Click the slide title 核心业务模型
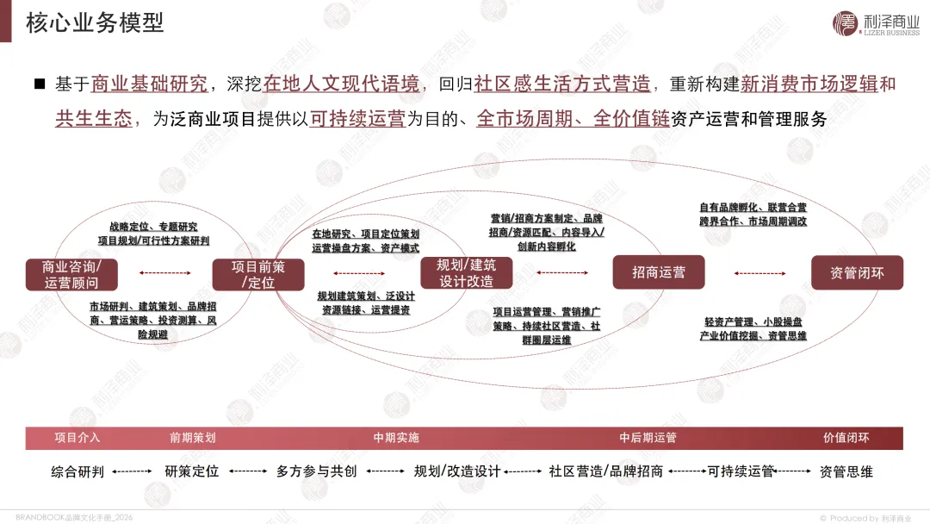click(95, 22)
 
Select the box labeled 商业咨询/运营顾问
click(71, 273)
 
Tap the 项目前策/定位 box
click(258, 273)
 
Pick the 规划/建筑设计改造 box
click(466, 272)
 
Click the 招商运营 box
click(658, 272)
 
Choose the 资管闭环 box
click(856, 272)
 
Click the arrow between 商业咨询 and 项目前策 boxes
click(165, 273)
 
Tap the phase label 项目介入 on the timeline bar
click(77, 438)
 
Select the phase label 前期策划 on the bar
click(193, 438)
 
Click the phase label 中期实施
click(396, 438)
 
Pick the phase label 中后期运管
click(648, 438)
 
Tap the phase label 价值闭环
click(846, 438)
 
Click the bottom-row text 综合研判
click(77, 472)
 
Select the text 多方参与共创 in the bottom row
click(316, 472)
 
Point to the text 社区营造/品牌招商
click(605, 472)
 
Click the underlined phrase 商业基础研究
click(149, 84)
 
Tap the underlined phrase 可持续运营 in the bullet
click(358, 119)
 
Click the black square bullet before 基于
click(39, 84)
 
